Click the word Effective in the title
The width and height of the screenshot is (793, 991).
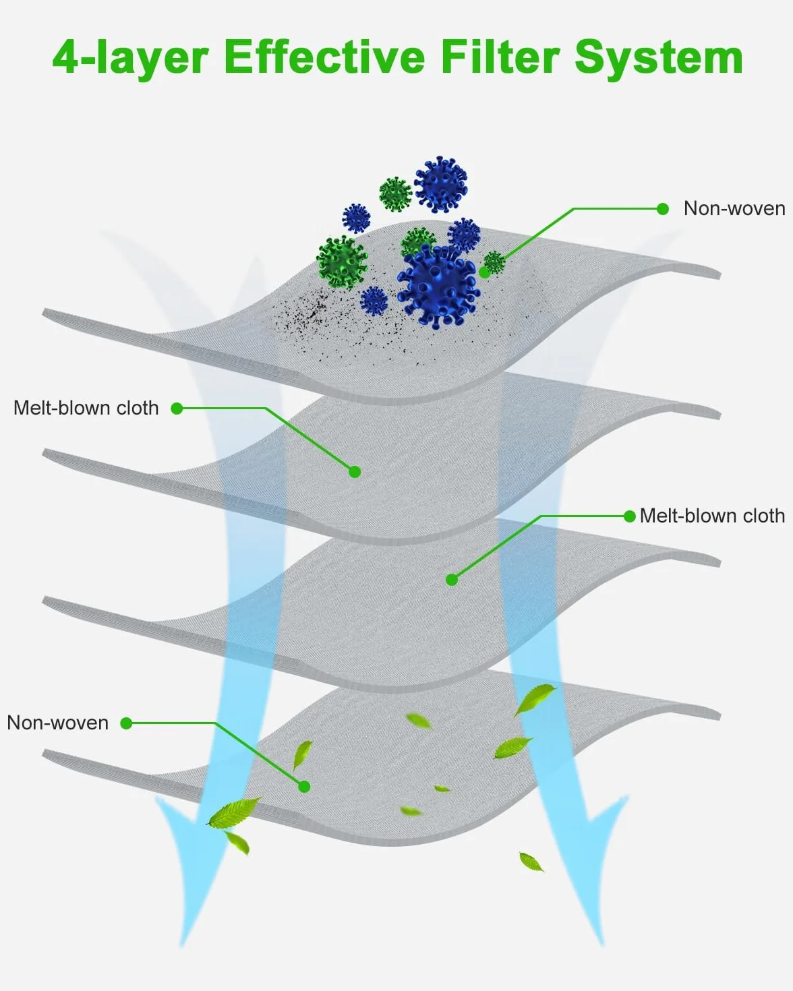[x=324, y=57]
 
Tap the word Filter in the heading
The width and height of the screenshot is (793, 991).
[x=500, y=57]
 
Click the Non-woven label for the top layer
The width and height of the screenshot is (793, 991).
[x=734, y=208]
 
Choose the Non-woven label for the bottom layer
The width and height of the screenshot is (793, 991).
[x=57, y=723]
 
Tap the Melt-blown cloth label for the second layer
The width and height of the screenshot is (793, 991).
[x=86, y=408]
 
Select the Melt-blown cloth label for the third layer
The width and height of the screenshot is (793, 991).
[x=712, y=516]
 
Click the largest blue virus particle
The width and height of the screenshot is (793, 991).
[x=439, y=286]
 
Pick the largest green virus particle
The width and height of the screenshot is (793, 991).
[x=342, y=262]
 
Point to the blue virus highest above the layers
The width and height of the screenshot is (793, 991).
[x=441, y=184]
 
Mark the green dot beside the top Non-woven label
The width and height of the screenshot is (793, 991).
[x=663, y=209]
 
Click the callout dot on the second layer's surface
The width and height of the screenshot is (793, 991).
[x=355, y=472]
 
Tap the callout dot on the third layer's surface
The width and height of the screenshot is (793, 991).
[x=452, y=580]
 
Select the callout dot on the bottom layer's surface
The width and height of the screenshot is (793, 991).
[x=304, y=787]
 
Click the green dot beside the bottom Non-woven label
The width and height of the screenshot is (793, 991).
[x=126, y=723]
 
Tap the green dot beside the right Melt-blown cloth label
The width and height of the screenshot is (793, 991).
[x=629, y=516]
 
